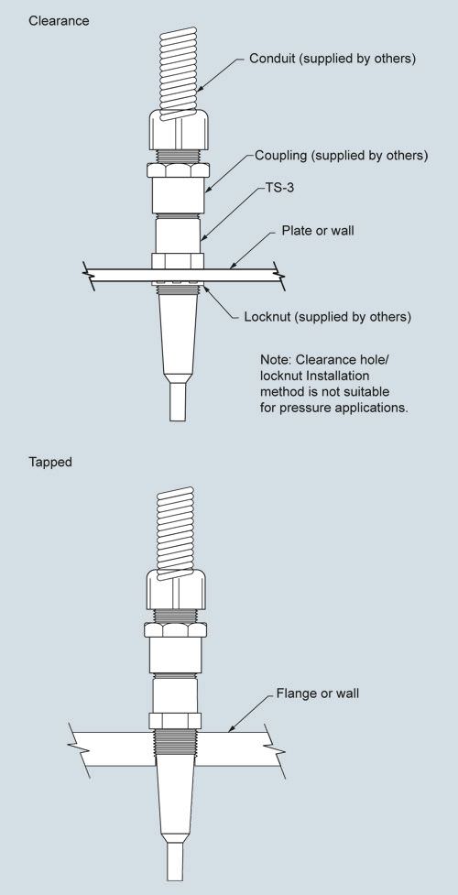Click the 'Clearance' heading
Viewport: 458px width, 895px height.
point(59,21)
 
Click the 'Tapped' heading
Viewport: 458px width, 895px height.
point(50,462)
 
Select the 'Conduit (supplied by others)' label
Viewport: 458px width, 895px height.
point(333,59)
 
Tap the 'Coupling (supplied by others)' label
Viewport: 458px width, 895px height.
point(341,155)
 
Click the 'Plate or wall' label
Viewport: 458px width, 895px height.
point(318,231)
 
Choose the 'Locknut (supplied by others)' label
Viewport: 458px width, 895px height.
point(327,317)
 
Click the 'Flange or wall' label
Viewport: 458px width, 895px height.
point(318,693)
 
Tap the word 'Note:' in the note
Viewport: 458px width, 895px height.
point(276,360)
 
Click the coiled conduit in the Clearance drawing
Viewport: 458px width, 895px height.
point(179,71)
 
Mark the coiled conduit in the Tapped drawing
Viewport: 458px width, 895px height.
point(176,532)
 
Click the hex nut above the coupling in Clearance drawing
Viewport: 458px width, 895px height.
point(179,170)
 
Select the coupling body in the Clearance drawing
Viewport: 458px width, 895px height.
point(179,194)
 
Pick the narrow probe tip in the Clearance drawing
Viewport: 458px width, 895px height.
point(177,402)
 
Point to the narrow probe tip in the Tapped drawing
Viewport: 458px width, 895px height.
point(175,861)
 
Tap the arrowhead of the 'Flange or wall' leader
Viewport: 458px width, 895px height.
point(231,728)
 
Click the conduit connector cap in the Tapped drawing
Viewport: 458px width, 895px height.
point(176,590)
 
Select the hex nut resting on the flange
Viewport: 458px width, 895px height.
point(175,721)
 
